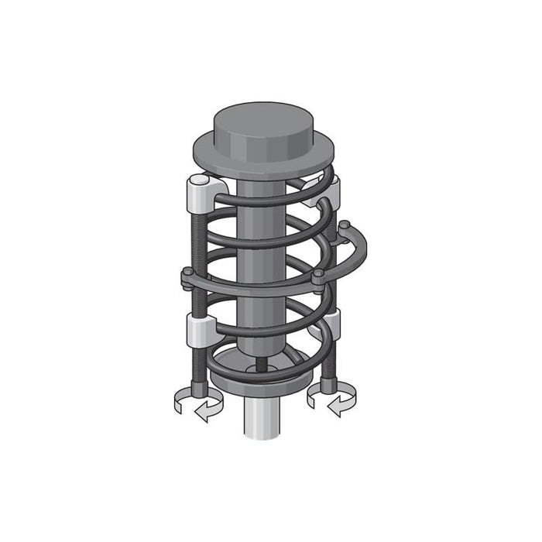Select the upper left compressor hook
tap(203, 194)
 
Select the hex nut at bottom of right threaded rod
tap(328, 384)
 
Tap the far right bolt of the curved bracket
tap(345, 226)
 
